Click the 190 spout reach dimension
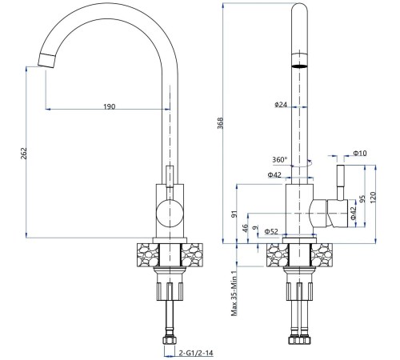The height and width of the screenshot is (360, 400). click(110, 106)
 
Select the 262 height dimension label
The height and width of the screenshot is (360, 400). click(24, 154)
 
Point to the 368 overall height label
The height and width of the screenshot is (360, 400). click(220, 123)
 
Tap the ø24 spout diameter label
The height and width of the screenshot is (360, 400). click(281, 105)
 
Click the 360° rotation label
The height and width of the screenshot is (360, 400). click(280, 160)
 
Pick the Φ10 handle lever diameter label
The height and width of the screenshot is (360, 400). click(360, 153)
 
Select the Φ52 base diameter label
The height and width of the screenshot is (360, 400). click(271, 232)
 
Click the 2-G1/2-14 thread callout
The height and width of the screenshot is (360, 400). click(196, 353)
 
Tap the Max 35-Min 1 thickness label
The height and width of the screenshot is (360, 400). click(234, 294)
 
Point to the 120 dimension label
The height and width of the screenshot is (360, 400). click(373, 198)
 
